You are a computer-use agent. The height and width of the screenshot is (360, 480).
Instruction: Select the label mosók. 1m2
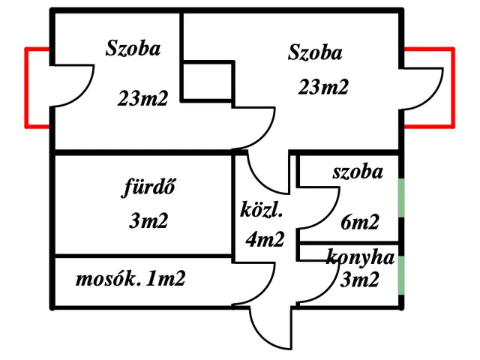130,280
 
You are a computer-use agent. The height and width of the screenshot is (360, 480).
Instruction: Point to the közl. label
262,209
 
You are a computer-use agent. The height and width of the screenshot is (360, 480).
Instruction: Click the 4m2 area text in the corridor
265,239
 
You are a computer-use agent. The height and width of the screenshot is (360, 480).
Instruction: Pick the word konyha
360,259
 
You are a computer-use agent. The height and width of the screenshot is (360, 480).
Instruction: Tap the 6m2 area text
359,221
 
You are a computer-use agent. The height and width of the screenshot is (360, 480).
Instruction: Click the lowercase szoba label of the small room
358,172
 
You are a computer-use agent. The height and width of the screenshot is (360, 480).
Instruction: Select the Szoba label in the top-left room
132,49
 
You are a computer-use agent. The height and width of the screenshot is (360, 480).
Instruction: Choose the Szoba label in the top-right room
315,52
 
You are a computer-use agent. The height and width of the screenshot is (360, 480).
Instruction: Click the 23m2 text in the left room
142,97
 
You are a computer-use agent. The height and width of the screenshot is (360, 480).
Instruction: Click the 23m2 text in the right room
323,87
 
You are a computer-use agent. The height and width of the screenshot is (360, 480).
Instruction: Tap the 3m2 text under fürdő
148,221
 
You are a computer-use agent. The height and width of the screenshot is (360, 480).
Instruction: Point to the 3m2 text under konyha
359,280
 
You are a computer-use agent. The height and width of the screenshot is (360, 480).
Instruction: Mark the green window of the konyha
401,274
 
